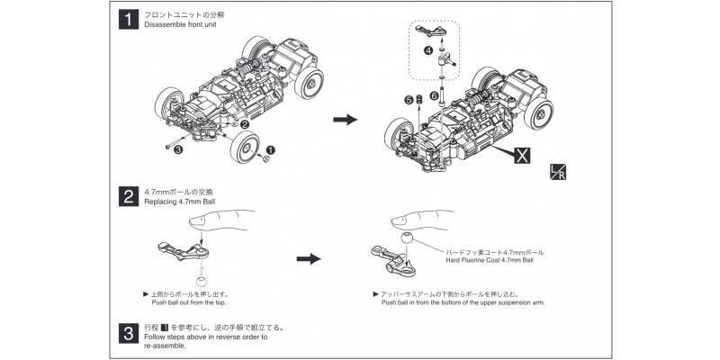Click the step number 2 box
(127, 195)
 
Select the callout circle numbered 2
(245, 124)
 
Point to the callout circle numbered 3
(178, 150)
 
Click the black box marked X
(522, 154)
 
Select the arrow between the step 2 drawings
(309, 258)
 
